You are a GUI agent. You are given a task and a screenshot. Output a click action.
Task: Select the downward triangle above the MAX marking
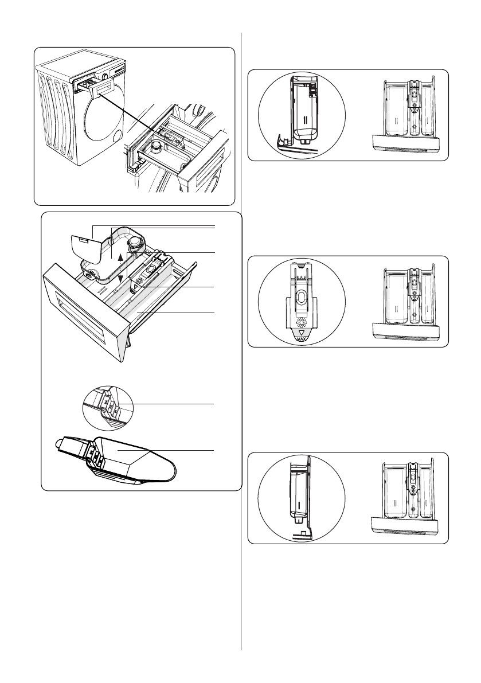click(302, 331)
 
